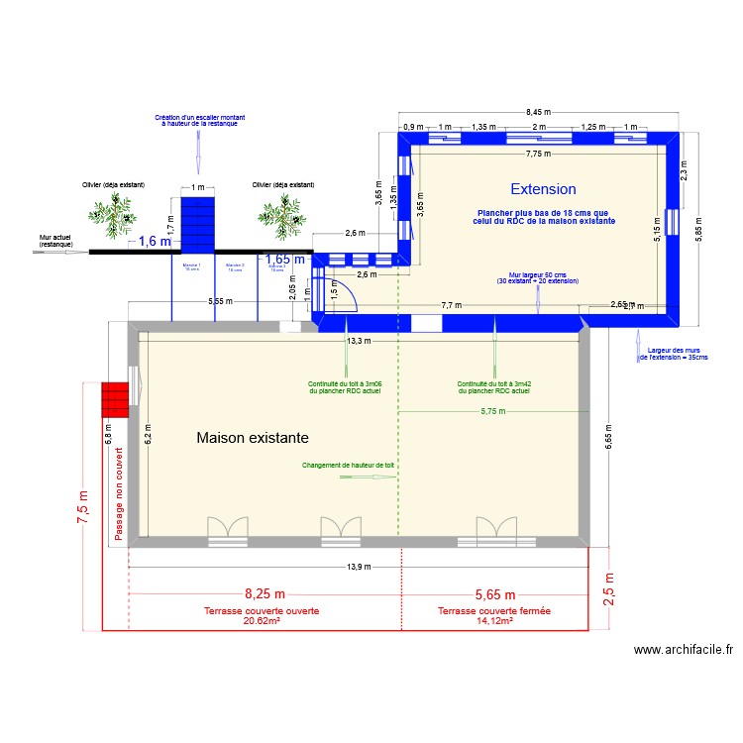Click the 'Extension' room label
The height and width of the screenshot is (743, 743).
(543, 189)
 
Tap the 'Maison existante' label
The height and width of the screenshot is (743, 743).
(253, 437)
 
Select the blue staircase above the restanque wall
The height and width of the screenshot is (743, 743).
(197, 224)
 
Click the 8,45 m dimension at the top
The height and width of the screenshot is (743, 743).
(540, 112)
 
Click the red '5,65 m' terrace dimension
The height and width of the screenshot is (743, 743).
(494, 594)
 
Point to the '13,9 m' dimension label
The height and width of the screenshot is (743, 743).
(359, 567)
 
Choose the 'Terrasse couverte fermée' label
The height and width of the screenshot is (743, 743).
(494, 611)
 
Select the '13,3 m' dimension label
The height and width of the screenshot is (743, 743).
(359, 340)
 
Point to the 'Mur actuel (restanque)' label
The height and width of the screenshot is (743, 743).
(55, 241)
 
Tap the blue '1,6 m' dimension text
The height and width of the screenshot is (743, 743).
(154, 241)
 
